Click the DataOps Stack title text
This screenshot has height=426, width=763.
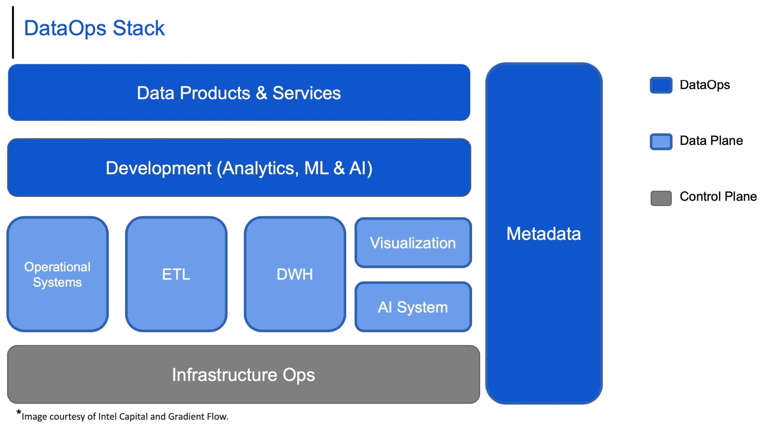(94, 28)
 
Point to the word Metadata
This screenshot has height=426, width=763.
(543, 234)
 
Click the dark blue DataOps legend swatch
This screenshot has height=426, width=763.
(661, 85)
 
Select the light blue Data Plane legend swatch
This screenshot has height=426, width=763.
(661, 141)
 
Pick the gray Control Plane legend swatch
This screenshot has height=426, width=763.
(661, 198)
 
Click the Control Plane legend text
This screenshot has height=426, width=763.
(718, 196)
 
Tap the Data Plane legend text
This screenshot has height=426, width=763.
(711, 141)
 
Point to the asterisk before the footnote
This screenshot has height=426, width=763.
(19, 412)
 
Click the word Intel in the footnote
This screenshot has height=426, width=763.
(107, 417)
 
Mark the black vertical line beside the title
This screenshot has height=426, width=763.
(13, 33)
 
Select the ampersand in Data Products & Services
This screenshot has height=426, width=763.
(262, 93)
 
